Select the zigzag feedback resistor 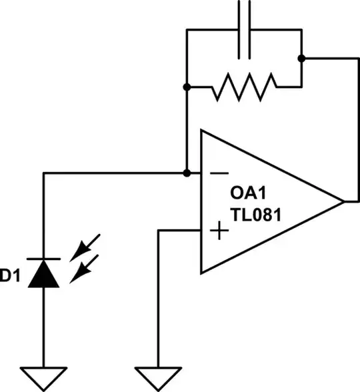click(243, 87)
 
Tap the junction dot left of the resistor click(188, 87)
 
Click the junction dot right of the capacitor click(301, 58)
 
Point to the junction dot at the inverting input click(187, 173)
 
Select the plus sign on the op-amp click(218, 231)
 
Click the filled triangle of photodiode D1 click(44, 275)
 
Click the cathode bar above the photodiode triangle click(44, 259)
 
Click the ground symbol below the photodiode click(44, 378)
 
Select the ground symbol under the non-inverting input click(158, 378)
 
